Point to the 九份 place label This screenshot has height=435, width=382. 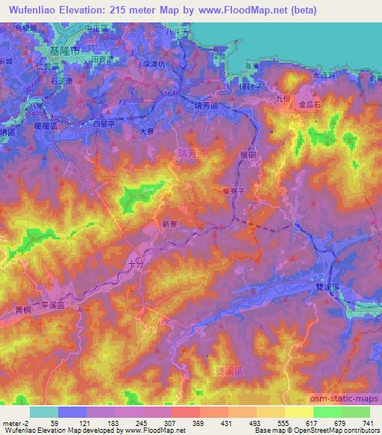tap(281, 97)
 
